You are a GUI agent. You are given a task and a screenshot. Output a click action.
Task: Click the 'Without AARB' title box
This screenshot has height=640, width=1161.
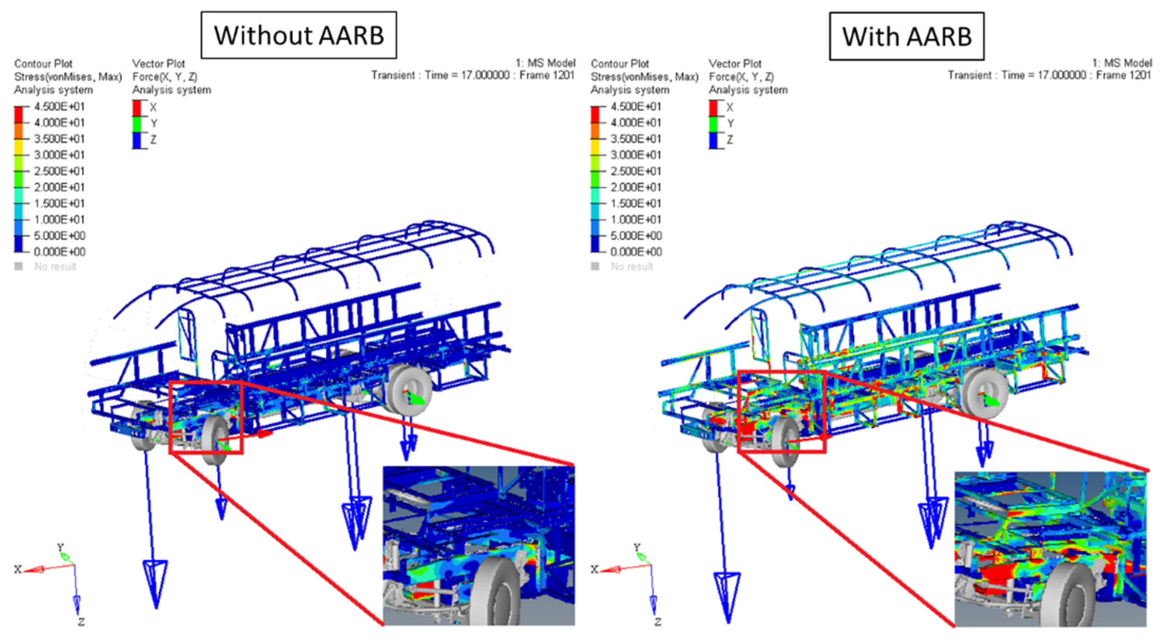click(299, 35)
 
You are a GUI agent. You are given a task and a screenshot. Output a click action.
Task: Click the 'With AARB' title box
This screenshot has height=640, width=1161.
click(907, 36)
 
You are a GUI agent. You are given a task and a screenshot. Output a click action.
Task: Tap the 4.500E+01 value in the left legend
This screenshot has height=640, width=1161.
click(60, 107)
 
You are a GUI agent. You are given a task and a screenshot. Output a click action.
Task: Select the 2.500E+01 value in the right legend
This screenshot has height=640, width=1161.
click(636, 171)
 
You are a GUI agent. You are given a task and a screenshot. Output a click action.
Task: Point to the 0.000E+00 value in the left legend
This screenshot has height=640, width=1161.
click(60, 252)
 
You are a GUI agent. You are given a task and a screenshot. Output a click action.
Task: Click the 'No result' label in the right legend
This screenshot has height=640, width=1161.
click(632, 267)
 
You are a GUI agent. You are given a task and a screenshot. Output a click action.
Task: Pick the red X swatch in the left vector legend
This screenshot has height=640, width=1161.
click(137, 108)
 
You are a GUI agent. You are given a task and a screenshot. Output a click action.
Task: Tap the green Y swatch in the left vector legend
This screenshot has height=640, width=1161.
click(137, 124)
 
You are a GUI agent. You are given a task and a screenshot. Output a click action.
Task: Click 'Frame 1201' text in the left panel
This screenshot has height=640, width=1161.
click(547, 75)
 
